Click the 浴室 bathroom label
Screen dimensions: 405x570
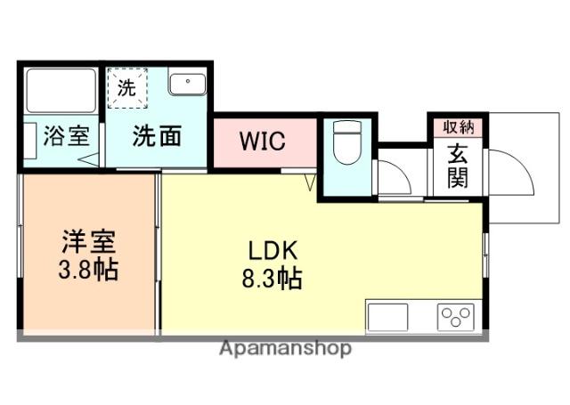pos(67,137)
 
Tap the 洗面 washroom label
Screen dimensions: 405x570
pos(158,136)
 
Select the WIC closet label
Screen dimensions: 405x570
pos(261,141)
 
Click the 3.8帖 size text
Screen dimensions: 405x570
pos(88,270)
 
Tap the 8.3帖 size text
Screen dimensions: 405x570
pos(272,279)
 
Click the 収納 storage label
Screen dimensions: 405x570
pos(457,126)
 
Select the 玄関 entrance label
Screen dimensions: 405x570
pos(458,166)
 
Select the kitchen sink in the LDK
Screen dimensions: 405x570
pos(386,317)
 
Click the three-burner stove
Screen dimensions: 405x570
pos(455,317)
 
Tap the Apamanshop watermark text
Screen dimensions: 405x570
pos(285,348)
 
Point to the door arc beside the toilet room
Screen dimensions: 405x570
pos(394,176)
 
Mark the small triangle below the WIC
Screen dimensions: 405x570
pos(310,182)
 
